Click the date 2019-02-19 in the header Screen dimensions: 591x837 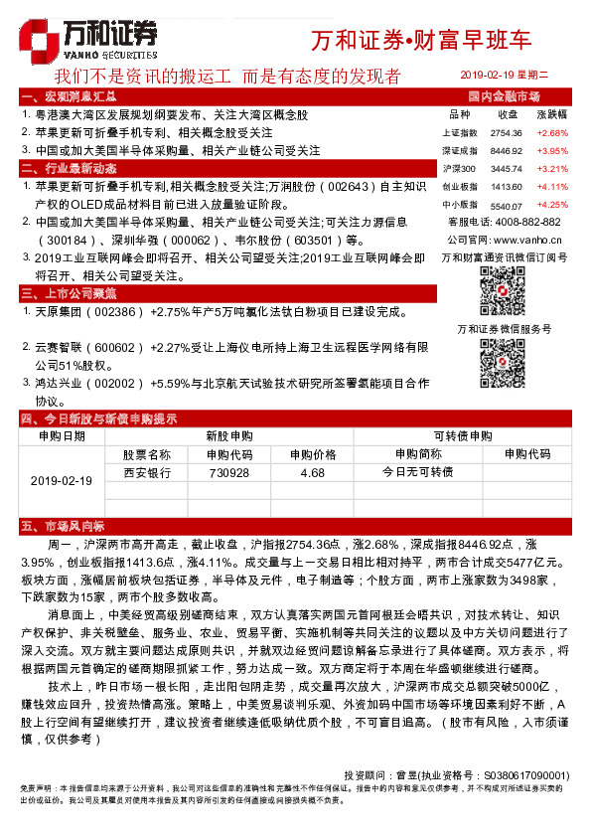pos(494,76)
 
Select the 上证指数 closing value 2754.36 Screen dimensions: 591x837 pos(507,132)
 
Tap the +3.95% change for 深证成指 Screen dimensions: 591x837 pos(551,150)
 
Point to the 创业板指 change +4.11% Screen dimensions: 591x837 pos(551,187)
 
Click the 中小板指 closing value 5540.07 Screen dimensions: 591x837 pos(507,205)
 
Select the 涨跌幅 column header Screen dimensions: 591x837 pos(551,114)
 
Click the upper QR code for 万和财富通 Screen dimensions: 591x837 pos(503,288)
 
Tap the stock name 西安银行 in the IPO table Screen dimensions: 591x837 pos(147,473)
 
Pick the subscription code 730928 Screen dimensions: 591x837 pos(229,473)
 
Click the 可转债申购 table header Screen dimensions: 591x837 pos(465,435)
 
